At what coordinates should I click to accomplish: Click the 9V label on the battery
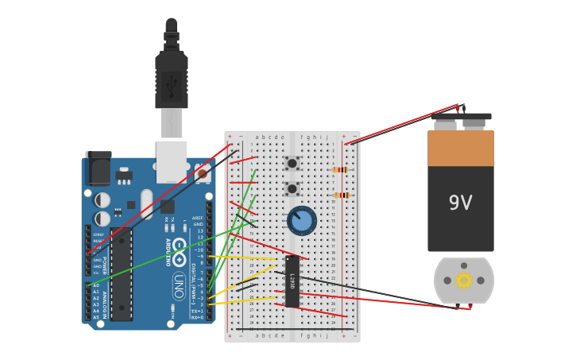point(461,203)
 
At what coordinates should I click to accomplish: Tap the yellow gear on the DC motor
point(464,280)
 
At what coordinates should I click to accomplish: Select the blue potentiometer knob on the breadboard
point(302,220)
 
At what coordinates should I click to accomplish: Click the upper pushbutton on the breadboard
point(292,163)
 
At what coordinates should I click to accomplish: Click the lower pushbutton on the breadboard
point(292,189)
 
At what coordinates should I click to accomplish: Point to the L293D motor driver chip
point(292,281)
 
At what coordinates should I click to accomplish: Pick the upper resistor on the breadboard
point(341,169)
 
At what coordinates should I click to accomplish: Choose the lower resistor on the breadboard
point(342,195)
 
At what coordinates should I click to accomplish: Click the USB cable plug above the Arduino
point(172,79)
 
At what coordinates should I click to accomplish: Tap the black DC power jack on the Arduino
point(99,168)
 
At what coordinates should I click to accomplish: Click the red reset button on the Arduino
point(203,173)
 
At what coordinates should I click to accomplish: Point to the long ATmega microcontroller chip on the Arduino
point(122,274)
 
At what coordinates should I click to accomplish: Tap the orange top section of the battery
point(461,149)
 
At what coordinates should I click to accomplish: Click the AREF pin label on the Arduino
point(198,218)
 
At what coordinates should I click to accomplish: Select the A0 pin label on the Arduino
point(96,285)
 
